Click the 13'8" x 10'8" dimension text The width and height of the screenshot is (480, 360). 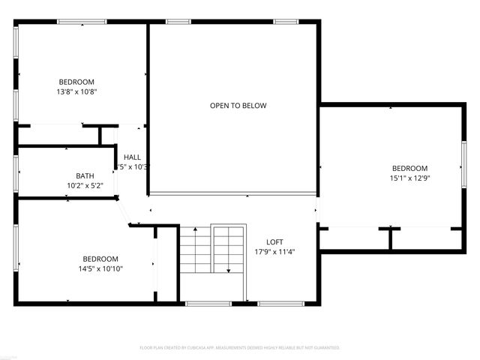[76, 91]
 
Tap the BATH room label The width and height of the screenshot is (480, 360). [85, 175]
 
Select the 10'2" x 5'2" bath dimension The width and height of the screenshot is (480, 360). [85, 185]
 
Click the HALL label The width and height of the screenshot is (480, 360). [132, 157]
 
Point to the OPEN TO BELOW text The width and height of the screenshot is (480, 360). [238, 106]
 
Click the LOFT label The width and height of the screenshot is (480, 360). [274, 241]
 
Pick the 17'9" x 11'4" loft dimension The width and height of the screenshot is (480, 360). [274, 252]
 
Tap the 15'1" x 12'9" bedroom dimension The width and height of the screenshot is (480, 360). [409, 178]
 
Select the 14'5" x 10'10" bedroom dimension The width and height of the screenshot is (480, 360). [100, 268]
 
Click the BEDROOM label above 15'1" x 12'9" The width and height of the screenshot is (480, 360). [409, 168]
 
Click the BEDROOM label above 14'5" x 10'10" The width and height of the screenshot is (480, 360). [100, 259]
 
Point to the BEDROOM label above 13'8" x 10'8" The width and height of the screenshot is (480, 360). [76, 82]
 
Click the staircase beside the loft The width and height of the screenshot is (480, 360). [212, 251]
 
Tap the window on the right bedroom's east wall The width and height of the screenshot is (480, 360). [463, 166]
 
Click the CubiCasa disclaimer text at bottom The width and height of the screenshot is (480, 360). [240, 348]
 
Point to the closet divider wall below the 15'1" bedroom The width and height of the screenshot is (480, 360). [389, 238]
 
